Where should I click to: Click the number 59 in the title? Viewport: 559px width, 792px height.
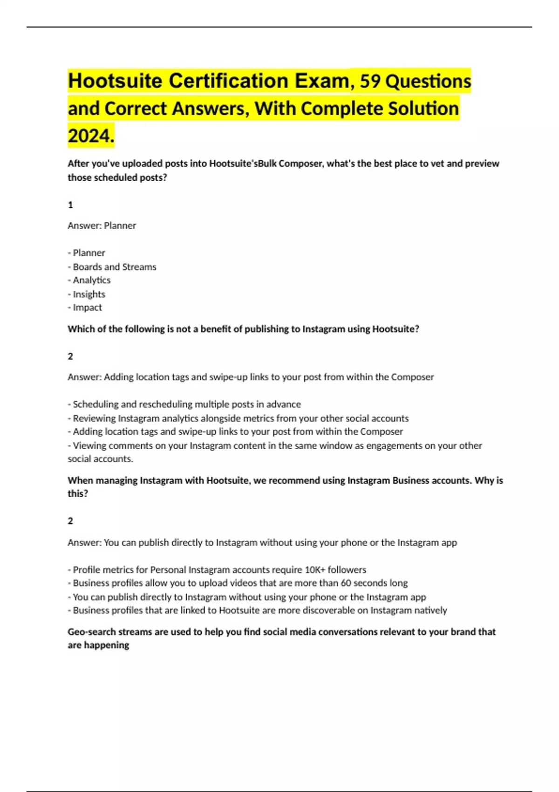370,82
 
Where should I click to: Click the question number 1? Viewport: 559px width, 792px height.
70,205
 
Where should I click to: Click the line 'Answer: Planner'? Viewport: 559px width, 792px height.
102,225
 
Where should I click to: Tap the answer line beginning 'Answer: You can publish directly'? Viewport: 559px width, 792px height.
262,543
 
